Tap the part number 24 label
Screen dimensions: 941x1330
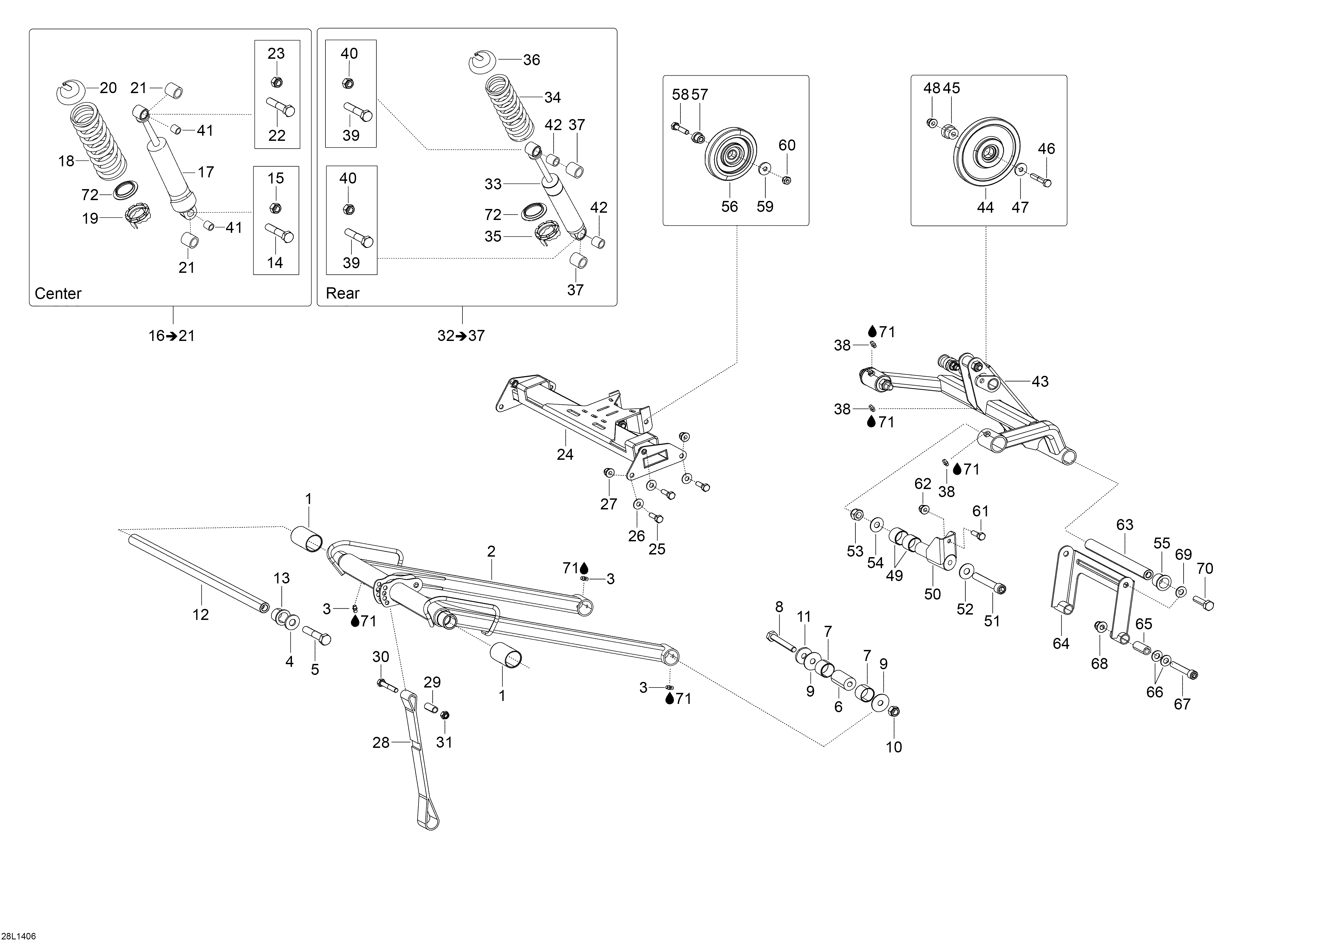(565, 455)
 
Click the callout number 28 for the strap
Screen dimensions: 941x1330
(381, 743)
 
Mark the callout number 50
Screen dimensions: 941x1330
(933, 594)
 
